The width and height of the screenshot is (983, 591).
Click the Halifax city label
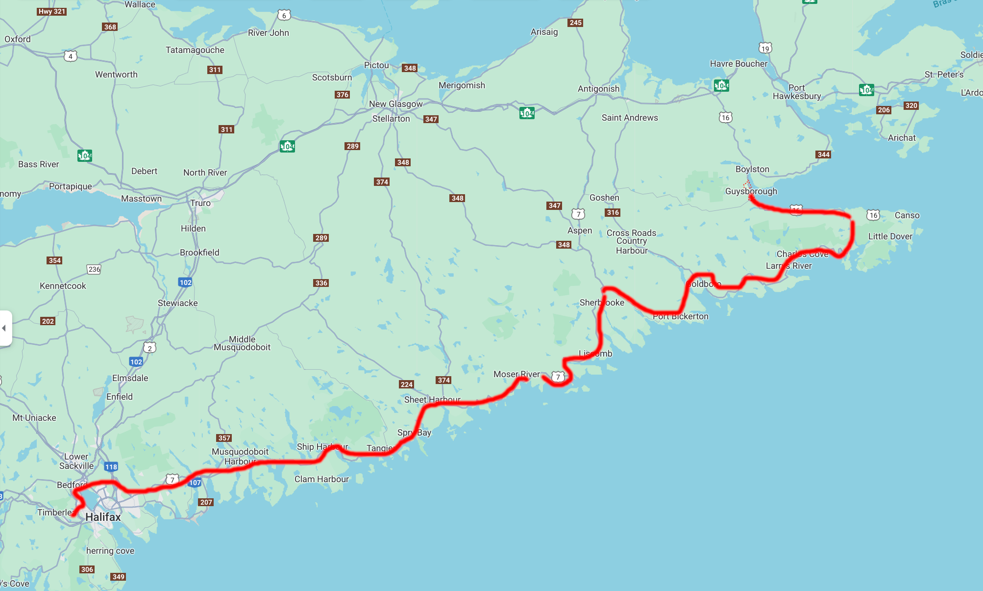point(103,517)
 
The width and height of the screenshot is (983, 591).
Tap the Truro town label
point(200,203)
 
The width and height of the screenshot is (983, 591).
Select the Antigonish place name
point(598,89)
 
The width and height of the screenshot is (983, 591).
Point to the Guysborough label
point(751,191)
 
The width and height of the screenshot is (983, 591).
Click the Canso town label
point(907,215)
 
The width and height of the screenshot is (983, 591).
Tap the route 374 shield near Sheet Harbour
point(443,380)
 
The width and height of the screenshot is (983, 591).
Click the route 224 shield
point(406,385)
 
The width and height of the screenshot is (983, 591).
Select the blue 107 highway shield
point(195,483)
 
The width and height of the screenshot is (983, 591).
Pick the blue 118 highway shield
point(111,467)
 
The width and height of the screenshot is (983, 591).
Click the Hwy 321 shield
point(51,11)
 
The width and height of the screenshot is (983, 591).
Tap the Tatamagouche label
point(195,50)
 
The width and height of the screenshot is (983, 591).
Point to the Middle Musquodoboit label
point(242,343)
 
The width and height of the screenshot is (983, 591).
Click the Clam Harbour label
point(321,479)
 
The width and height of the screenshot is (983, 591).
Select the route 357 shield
point(224,438)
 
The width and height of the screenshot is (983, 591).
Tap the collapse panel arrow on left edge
point(4,328)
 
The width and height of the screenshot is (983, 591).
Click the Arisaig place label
point(544,32)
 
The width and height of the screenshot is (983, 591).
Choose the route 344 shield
point(823,154)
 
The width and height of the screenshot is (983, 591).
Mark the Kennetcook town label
point(63,286)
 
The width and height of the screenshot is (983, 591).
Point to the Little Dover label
point(890,236)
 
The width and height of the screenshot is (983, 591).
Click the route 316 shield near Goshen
point(613,212)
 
